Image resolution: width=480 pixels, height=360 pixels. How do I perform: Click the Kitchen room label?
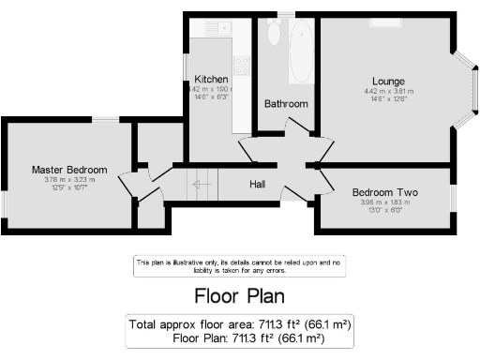coord(211,78)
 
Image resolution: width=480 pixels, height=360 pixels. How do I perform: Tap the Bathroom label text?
coord(286,103)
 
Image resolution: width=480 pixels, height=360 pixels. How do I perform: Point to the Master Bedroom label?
coord(69,170)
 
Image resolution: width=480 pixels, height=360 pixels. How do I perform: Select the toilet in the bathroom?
coord(273,34)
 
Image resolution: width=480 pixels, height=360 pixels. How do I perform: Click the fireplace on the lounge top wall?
coord(385,21)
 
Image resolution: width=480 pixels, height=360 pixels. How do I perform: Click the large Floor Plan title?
coord(239,297)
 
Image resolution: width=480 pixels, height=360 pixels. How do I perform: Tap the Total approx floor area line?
coord(239,324)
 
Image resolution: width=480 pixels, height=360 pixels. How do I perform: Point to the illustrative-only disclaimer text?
coord(239,265)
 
